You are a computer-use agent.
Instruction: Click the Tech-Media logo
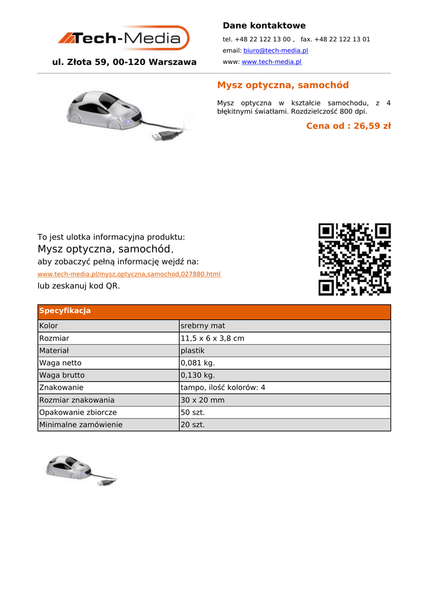pyautogui.click(x=123, y=38)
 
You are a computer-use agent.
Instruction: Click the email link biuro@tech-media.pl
pyautogui.click(x=275, y=51)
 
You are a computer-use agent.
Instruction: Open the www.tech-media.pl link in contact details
pyautogui.click(x=271, y=62)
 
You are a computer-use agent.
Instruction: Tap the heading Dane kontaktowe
pyautogui.click(x=264, y=25)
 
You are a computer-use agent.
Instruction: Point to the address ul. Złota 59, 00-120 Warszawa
pyautogui.click(x=124, y=62)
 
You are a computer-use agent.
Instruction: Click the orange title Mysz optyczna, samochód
pyautogui.click(x=282, y=85)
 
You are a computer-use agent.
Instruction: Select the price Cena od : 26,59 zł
pyautogui.click(x=348, y=126)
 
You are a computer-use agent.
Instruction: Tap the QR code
pyautogui.click(x=354, y=259)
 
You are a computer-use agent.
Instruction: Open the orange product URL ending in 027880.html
pyautogui.click(x=129, y=274)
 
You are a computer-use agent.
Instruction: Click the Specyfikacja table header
pyautogui.click(x=65, y=311)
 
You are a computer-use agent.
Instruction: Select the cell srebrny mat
pyautogui.click(x=202, y=326)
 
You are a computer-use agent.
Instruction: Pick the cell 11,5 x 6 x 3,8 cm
pyautogui.click(x=212, y=339)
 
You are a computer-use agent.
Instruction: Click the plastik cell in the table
pyautogui.click(x=192, y=351)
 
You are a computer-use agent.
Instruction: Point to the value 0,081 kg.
pyautogui.click(x=198, y=363)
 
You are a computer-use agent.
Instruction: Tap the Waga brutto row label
pyautogui.click(x=62, y=375)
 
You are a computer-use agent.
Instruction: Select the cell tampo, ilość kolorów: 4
pyautogui.click(x=222, y=388)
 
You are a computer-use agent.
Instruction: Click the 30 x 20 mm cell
pyautogui.click(x=202, y=400)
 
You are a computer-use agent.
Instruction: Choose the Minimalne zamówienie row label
pyautogui.click(x=81, y=425)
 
